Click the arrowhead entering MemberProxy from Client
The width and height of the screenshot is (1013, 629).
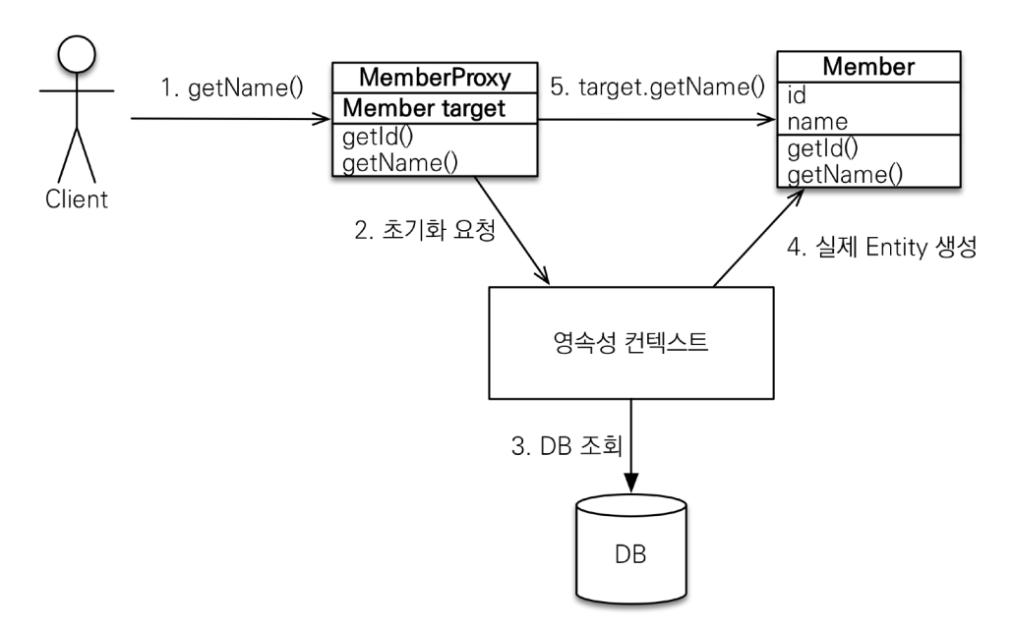point(321,120)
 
